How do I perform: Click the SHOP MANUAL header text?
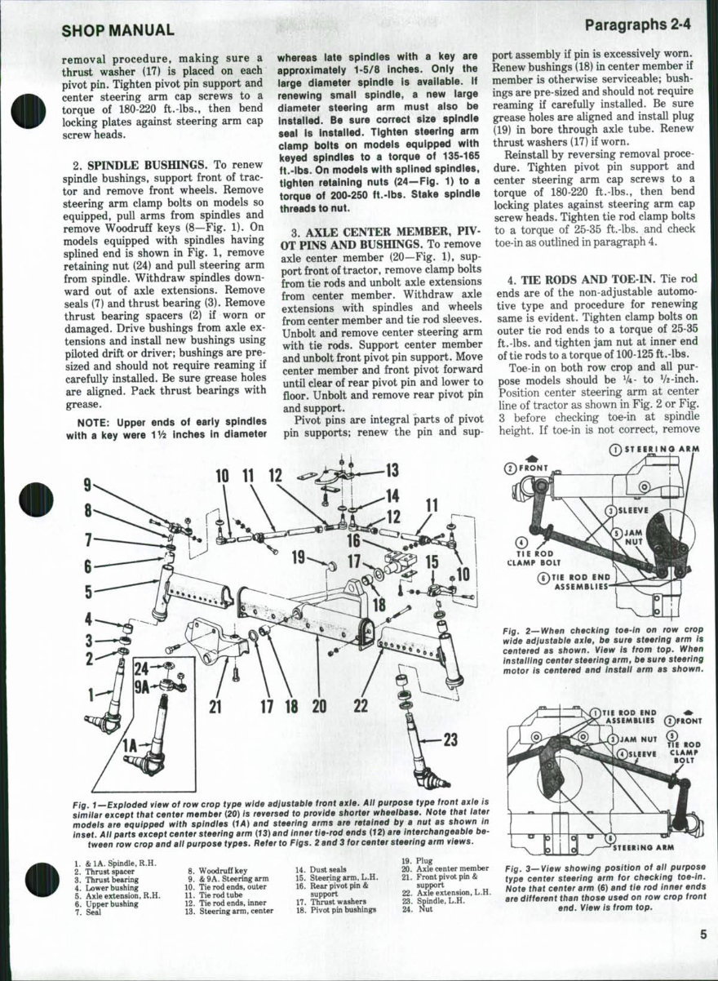tap(117, 31)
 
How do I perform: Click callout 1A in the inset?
tap(128, 744)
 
